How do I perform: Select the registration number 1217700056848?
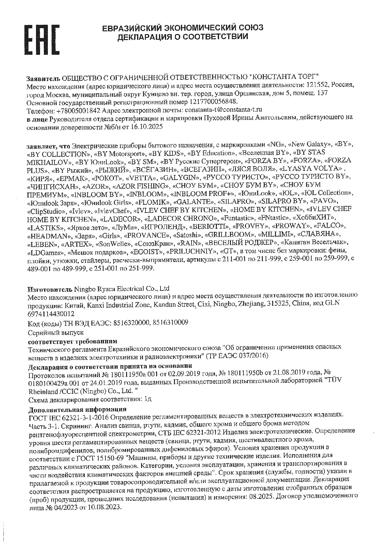(213, 102)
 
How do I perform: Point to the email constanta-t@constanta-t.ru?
(223, 110)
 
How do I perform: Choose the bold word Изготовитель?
(50, 289)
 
